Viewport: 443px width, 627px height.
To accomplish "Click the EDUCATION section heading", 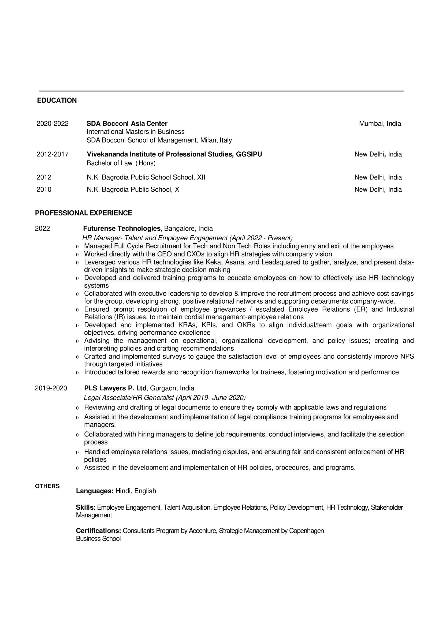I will (x=57, y=100).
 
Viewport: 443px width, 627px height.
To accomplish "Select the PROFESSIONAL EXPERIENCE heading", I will (x=84, y=213).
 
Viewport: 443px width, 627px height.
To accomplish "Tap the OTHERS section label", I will (x=47, y=486).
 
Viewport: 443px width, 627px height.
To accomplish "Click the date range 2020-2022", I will (x=53, y=124).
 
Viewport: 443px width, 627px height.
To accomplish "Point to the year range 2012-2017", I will (x=53, y=154).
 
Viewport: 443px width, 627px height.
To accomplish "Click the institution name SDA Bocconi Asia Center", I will (x=127, y=124).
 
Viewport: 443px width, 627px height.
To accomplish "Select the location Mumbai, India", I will (x=380, y=124).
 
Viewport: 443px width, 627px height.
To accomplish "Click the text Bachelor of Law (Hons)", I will (x=121, y=163).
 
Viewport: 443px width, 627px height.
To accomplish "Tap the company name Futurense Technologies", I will (x=122, y=228).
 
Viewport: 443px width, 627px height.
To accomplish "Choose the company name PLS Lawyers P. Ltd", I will (x=115, y=388).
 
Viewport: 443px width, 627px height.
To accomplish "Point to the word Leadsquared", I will (x=281, y=262).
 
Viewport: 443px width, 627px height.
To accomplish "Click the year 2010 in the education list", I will (x=44, y=189).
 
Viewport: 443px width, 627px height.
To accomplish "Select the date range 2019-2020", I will (x=51, y=388).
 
